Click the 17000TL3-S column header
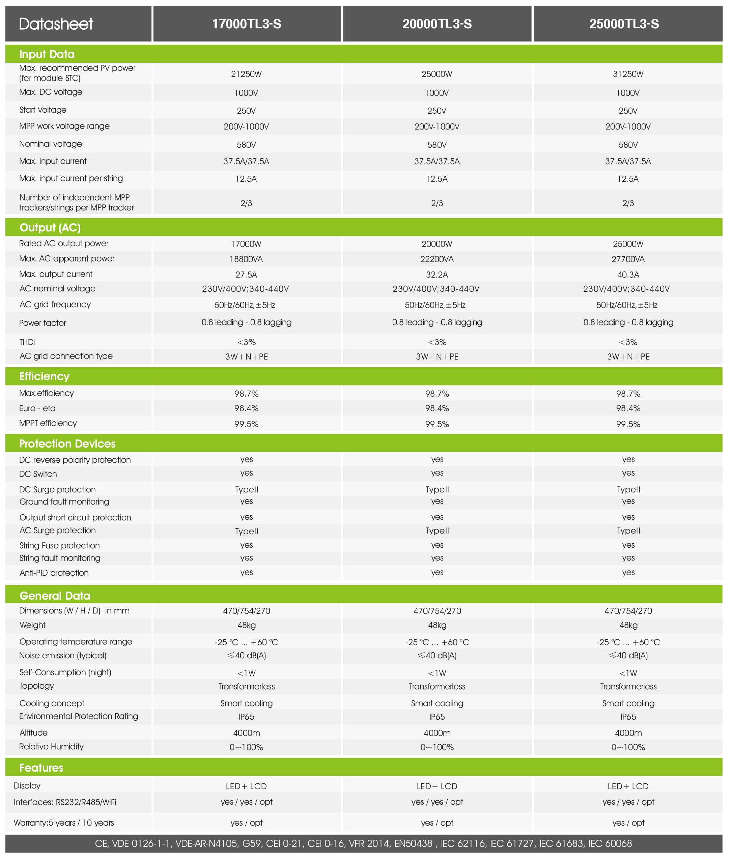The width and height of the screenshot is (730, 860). pyautogui.click(x=247, y=24)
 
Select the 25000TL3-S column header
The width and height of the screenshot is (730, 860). pyautogui.click(x=624, y=24)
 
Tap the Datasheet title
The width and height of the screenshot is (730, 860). pyautogui.click(x=56, y=24)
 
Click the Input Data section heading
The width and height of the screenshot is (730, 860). pyautogui.click(x=47, y=54)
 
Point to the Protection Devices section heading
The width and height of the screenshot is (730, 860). pyautogui.click(x=67, y=443)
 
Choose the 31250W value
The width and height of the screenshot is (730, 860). pyautogui.click(x=628, y=74)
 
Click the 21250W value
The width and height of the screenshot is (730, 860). pyautogui.click(x=246, y=74)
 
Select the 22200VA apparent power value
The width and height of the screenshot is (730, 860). pyautogui.click(x=437, y=259)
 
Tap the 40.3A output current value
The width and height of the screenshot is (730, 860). pyautogui.click(x=628, y=275)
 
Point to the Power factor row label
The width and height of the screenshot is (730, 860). pyautogui.click(x=43, y=323)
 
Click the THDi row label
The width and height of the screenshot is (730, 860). pyautogui.click(x=27, y=342)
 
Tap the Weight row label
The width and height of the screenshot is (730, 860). pyautogui.click(x=33, y=625)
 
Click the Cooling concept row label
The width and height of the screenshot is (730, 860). pyautogui.click(x=52, y=703)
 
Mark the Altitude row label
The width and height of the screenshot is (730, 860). pyautogui.click(x=33, y=733)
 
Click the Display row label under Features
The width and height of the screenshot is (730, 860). pyautogui.click(x=27, y=785)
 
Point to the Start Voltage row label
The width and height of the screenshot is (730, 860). pyautogui.click(x=43, y=110)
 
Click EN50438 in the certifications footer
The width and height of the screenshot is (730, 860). pyautogui.click(x=413, y=843)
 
